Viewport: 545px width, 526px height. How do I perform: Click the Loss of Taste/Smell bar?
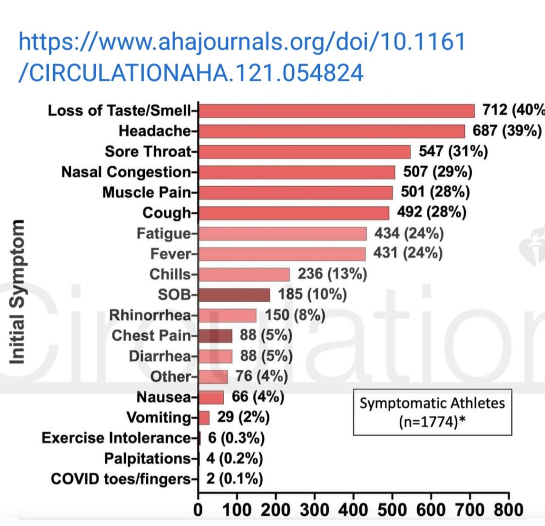pos(336,111)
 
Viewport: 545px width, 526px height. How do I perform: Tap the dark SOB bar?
pos(234,295)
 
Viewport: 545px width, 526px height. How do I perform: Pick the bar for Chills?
pos(244,274)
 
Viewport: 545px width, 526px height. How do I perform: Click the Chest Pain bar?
pos(215,336)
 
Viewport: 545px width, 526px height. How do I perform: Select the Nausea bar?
pos(211,397)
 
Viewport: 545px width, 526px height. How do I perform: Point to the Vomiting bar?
pos(204,418)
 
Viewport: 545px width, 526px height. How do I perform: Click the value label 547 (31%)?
pos(453,152)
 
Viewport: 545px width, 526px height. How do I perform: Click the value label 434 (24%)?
pos(409,233)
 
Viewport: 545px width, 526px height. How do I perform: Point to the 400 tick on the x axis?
pos(353,510)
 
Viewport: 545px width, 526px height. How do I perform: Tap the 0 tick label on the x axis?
pos(199,510)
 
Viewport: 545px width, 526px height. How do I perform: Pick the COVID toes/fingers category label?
pos(120,479)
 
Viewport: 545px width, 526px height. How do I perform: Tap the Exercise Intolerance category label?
pos(116,438)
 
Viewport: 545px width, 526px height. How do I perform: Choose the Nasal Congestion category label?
pos(126,172)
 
